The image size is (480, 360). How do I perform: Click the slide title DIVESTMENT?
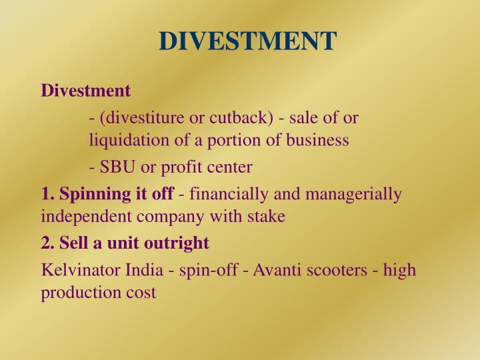pos(247,41)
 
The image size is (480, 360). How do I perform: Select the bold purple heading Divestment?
pos(85,90)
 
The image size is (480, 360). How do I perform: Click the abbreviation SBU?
pos(115,166)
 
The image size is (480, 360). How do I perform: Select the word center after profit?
pos(229,166)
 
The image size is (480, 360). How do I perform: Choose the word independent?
pos(81,217)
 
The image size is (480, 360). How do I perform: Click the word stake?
pos(269,217)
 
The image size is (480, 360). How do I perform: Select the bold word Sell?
pos(71,243)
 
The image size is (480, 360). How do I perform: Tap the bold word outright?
pos(180,243)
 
